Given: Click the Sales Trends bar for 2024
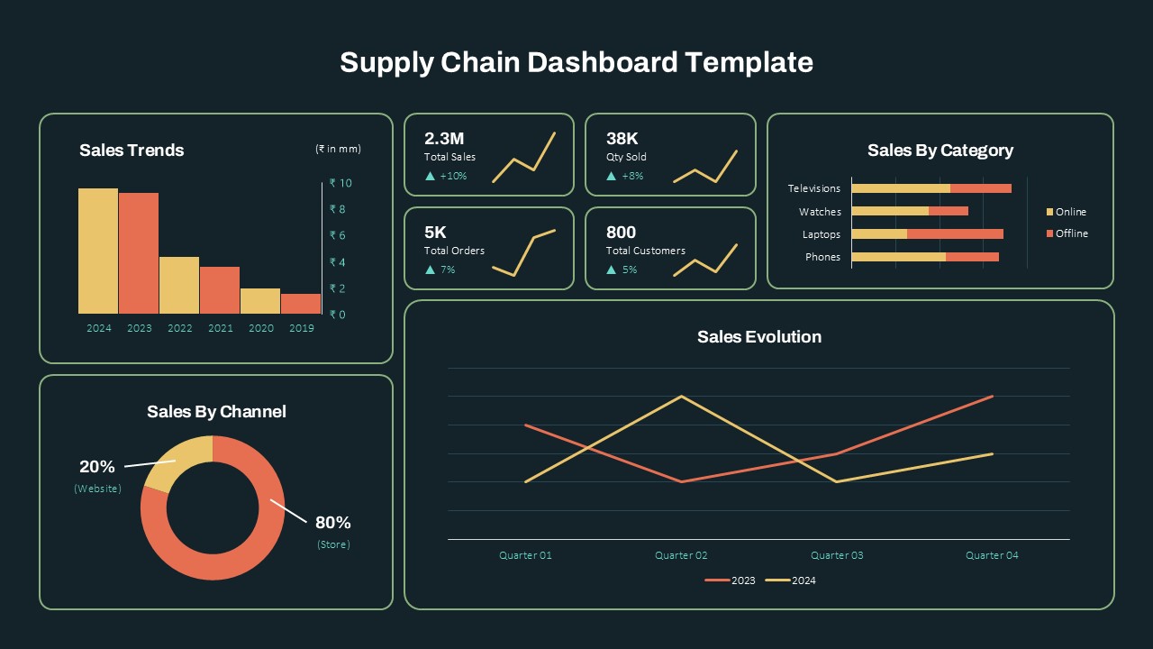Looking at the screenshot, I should point(98,251).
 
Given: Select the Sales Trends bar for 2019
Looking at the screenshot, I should point(301,304).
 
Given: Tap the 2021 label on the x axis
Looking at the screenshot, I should point(221,328).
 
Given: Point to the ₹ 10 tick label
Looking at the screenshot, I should point(340,183).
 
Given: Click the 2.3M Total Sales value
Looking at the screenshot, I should point(444,138).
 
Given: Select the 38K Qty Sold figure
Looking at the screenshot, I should point(622,138).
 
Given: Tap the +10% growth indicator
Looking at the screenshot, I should point(447,176).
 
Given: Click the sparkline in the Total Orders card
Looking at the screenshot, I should point(523,252).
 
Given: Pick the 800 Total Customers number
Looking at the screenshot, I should point(621,233).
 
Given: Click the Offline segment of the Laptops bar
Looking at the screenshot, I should point(955,234).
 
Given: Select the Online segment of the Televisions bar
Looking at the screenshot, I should point(901,188).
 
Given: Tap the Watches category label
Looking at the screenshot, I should point(820,212).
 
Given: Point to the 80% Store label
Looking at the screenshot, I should point(332,523).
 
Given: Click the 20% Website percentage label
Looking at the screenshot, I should point(97,467).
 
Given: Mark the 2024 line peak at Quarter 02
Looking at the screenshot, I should point(681,397).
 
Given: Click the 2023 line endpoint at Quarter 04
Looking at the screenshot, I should point(992,397).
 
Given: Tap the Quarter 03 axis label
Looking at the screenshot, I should point(837,555).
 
